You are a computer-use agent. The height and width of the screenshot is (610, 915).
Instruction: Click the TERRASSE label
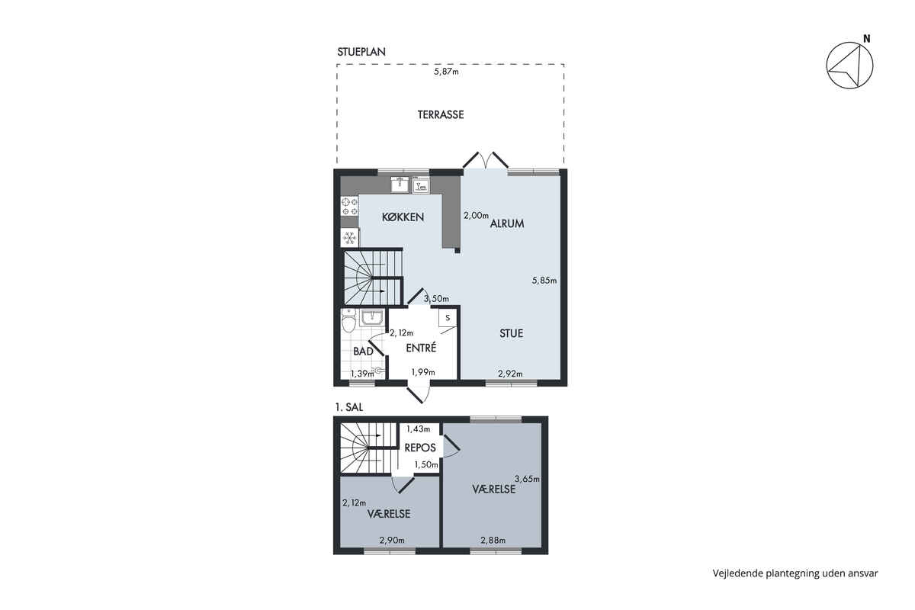click(441, 114)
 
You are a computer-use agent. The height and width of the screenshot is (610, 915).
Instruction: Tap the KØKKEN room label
click(403, 217)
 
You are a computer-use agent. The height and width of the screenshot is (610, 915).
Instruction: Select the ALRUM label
click(507, 223)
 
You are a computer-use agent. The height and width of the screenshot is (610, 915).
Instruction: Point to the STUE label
click(511, 333)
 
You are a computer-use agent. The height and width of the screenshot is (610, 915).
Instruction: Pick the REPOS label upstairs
click(420, 448)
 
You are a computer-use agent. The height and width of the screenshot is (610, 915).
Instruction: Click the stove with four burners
click(350, 207)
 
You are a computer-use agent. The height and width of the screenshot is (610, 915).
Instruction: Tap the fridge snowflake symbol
click(350, 238)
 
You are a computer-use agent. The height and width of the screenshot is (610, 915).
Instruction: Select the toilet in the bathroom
click(348, 320)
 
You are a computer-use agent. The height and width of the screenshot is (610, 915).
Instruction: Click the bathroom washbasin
click(372, 318)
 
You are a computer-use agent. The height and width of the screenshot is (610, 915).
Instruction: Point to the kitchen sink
click(400, 185)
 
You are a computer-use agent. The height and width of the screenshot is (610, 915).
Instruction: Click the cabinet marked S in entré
click(448, 318)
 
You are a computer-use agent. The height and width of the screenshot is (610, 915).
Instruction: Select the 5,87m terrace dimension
click(446, 72)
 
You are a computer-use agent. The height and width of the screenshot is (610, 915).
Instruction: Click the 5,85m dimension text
click(544, 281)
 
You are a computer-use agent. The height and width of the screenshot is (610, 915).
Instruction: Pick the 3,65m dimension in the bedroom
click(527, 479)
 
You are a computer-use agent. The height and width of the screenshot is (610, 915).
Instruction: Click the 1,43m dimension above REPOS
click(419, 429)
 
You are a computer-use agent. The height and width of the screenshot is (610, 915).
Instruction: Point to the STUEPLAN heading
click(361, 52)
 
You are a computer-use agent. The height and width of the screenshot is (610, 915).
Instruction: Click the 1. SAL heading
click(349, 407)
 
